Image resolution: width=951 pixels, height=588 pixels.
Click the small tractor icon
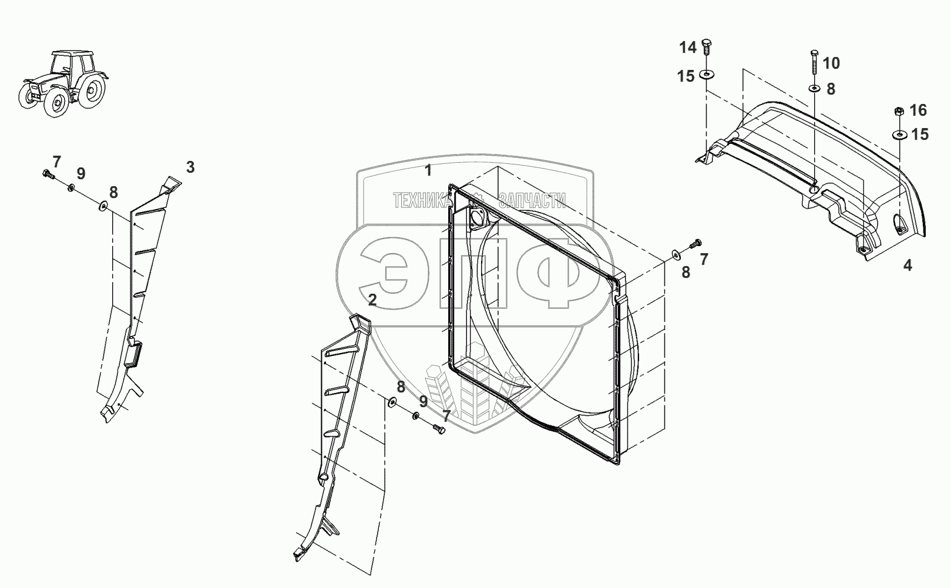[x=63, y=83]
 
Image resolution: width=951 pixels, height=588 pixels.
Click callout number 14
[x=688, y=48]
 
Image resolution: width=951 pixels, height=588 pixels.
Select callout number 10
[x=831, y=63]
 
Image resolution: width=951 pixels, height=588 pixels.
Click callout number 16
[x=918, y=110]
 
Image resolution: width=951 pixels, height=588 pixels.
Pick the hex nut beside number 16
[x=899, y=112]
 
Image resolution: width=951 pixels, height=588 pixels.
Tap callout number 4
[x=908, y=266]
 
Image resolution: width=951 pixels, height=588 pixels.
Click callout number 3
[x=190, y=167]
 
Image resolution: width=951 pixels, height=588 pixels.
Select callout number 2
[x=372, y=300]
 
